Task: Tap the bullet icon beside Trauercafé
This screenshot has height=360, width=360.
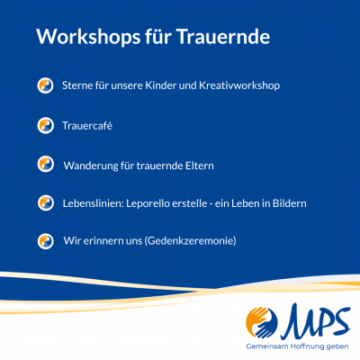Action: [43, 125]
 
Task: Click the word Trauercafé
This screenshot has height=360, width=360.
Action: [87, 126]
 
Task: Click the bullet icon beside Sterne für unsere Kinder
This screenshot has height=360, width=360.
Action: [43, 85]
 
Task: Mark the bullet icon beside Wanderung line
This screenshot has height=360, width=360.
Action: [43, 165]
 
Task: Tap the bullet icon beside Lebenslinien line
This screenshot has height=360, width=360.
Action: [43, 203]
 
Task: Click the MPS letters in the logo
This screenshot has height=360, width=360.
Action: [317, 320]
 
